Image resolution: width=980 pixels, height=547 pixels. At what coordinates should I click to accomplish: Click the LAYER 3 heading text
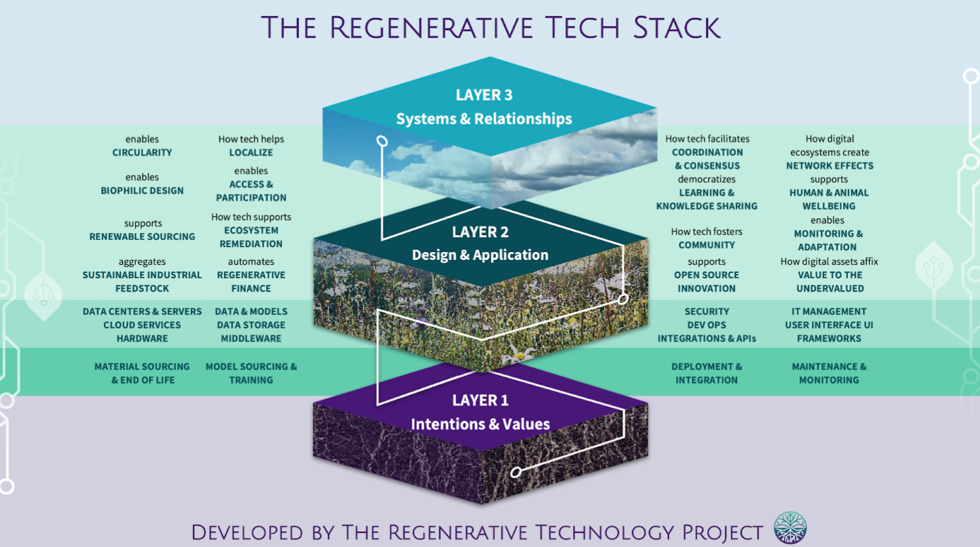(483, 95)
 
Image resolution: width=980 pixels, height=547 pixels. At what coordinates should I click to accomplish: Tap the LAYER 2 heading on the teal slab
(480, 232)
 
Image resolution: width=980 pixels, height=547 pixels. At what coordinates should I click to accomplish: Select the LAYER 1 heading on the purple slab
(480, 400)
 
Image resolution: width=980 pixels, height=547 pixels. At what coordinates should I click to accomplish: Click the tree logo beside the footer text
(790, 528)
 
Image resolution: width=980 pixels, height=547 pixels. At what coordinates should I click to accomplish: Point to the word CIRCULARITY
(142, 153)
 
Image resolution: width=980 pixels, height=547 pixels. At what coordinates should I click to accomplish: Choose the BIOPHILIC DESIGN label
(142, 191)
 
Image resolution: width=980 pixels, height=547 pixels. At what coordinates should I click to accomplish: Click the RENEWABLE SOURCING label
(142, 237)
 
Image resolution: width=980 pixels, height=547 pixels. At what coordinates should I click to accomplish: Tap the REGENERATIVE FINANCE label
(251, 282)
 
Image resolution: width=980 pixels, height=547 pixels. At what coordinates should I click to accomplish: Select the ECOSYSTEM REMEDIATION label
(251, 237)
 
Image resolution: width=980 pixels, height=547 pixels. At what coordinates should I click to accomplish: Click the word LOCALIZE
(251, 153)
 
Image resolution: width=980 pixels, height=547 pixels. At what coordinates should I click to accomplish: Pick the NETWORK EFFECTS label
(829, 165)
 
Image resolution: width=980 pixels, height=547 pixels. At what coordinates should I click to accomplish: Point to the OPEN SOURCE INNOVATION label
(706, 282)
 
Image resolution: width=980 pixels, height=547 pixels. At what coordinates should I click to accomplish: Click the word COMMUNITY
(706, 245)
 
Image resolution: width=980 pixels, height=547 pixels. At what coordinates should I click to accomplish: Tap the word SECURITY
(706, 311)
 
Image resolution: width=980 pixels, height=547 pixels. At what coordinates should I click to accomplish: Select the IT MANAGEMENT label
(829, 311)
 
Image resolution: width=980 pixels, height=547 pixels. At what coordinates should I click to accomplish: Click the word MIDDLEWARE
(251, 338)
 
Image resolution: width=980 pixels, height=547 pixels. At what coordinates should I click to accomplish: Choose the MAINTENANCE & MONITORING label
(829, 373)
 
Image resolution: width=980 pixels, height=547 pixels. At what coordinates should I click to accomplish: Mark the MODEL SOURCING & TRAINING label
(251, 373)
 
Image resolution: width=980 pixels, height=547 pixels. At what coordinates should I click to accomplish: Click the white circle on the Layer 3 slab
(382, 141)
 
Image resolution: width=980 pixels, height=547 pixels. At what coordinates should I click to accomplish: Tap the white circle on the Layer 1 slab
(516, 472)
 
